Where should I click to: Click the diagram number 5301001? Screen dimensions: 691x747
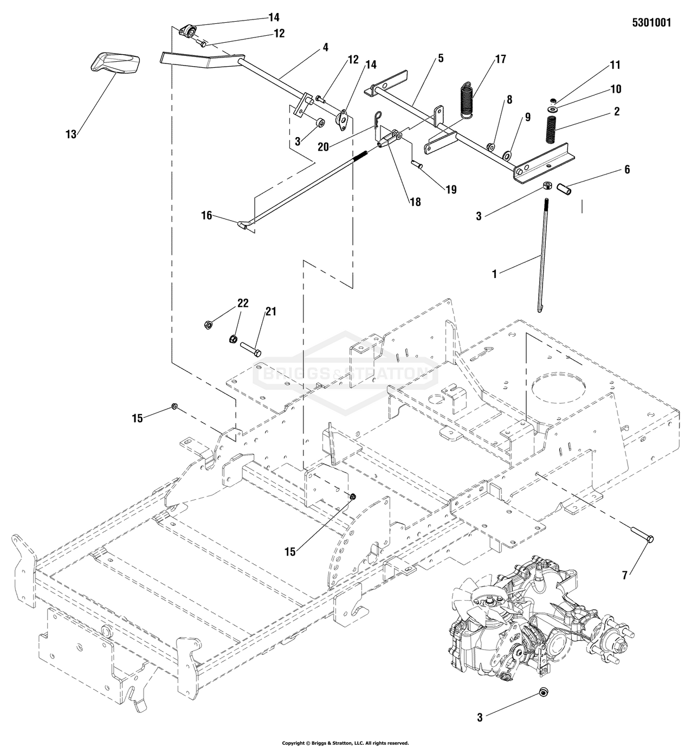(651, 23)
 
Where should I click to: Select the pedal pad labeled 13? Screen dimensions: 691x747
(115, 63)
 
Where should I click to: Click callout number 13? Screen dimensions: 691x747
(70, 134)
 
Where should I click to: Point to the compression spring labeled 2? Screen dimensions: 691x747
(553, 130)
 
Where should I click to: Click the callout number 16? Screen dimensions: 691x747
(207, 216)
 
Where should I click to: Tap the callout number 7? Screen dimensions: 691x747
(625, 576)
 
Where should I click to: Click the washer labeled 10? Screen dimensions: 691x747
(553, 109)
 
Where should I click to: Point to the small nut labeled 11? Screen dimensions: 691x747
(553, 100)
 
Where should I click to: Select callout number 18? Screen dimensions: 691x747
(415, 202)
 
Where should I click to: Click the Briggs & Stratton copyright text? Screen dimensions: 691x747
(345, 743)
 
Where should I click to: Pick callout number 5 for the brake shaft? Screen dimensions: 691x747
(441, 59)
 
